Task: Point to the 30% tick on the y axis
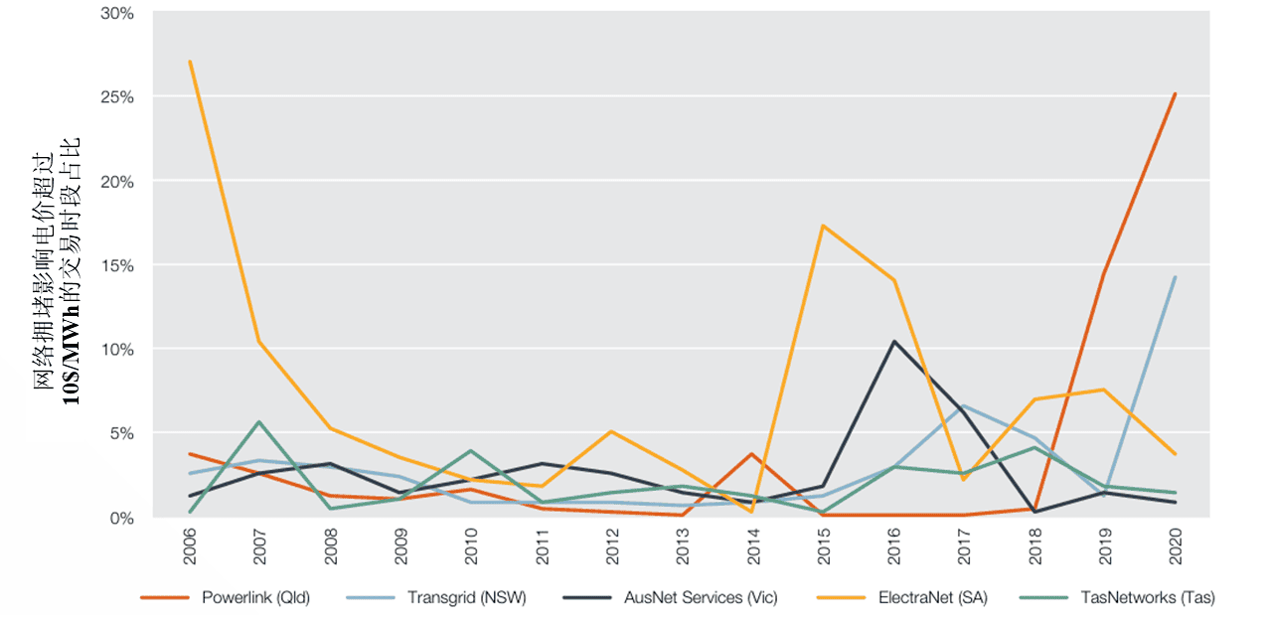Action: pos(117,14)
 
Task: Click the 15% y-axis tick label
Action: pos(117,265)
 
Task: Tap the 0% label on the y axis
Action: pos(121,518)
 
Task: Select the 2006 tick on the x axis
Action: pos(190,545)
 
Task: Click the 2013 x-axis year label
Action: pos(683,545)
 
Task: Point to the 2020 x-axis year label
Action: pos(1177,545)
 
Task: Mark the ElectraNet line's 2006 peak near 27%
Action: pos(190,62)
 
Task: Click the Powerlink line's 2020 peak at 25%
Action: pos(1176,94)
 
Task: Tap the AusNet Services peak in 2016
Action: pos(893,342)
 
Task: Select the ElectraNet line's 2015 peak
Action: pos(823,226)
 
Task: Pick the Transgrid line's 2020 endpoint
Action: pos(1176,277)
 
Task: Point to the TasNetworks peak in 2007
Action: pos(259,422)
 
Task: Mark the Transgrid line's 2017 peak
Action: pos(964,405)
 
